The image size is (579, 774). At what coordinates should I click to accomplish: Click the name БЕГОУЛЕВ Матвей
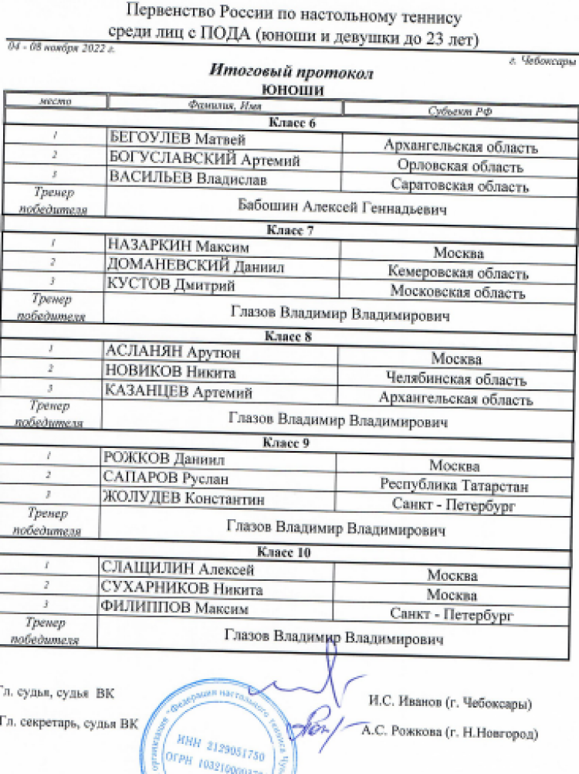click(x=178, y=139)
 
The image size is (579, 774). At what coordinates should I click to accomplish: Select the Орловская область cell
click(x=460, y=166)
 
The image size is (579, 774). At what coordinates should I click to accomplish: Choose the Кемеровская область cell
click(x=459, y=273)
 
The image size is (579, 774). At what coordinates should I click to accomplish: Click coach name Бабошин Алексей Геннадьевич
click(x=344, y=209)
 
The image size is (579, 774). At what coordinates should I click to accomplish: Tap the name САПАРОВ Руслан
click(x=166, y=479)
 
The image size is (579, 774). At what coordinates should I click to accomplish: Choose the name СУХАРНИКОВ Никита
click(x=182, y=589)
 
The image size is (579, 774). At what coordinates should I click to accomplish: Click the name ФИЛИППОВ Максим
click(x=176, y=609)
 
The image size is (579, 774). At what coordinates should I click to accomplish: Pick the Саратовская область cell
click(x=459, y=185)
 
